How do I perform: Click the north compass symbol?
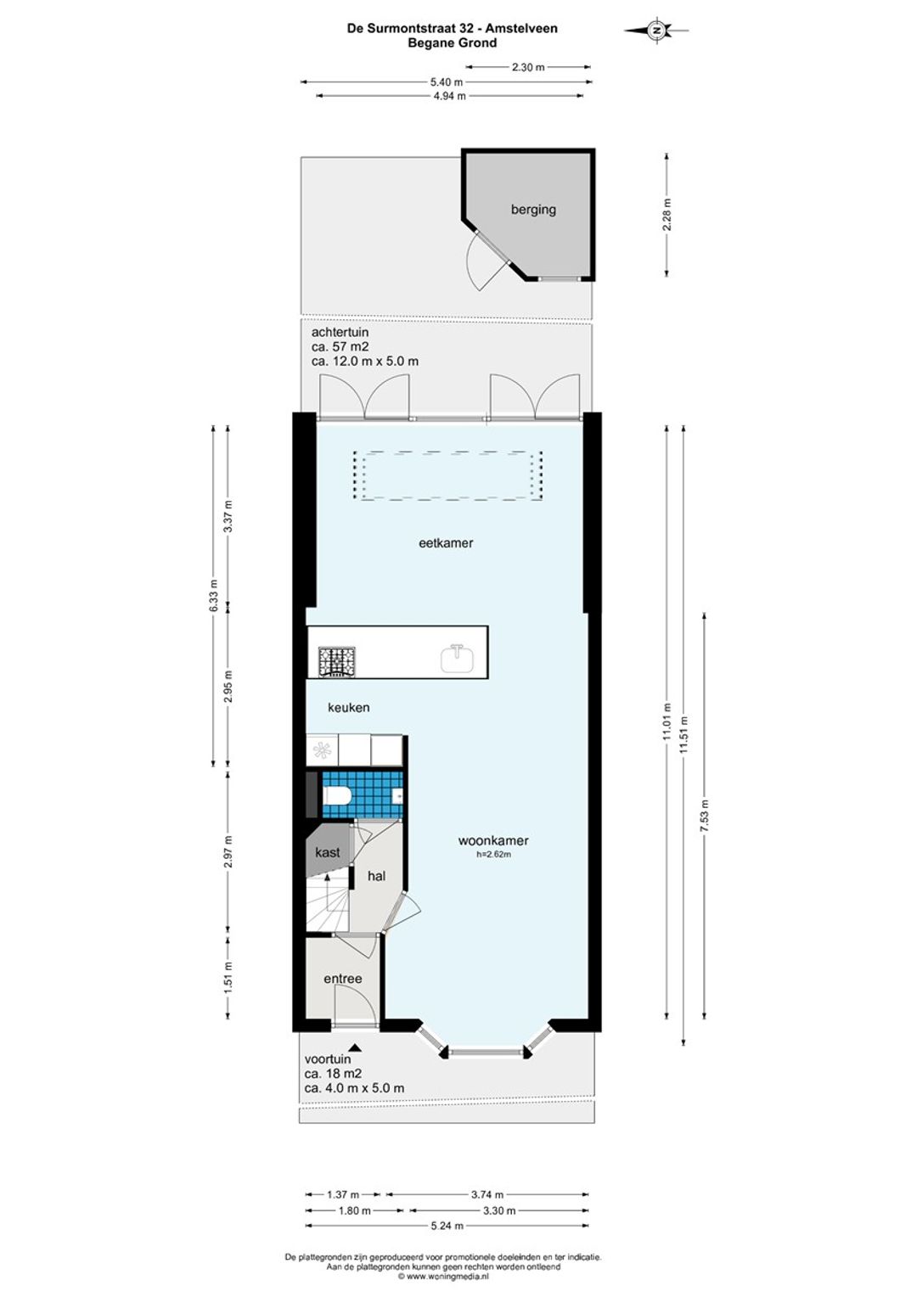(x=656, y=30)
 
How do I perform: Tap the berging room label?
(x=533, y=209)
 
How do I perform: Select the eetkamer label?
(x=446, y=543)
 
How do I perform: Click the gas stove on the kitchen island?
(x=336, y=661)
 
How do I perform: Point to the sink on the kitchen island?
(x=457, y=659)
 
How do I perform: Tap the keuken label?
(x=348, y=707)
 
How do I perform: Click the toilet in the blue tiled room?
(x=336, y=796)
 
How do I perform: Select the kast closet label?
(x=327, y=853)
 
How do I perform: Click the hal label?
(x=376, y=876)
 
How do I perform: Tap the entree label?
(x=342, y=979)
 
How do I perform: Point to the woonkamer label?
(x=493, y=840)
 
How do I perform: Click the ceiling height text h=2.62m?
(x=493, y=853)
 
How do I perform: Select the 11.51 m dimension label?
(x=684, y=735)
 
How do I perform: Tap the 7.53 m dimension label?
(x=705, y=816)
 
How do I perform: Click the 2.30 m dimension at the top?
(x=528, y=67)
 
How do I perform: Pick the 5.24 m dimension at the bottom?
(x=447, y=1225)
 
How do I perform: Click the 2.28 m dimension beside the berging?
(x=667, y=214)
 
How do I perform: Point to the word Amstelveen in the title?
(x=521, y=28)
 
